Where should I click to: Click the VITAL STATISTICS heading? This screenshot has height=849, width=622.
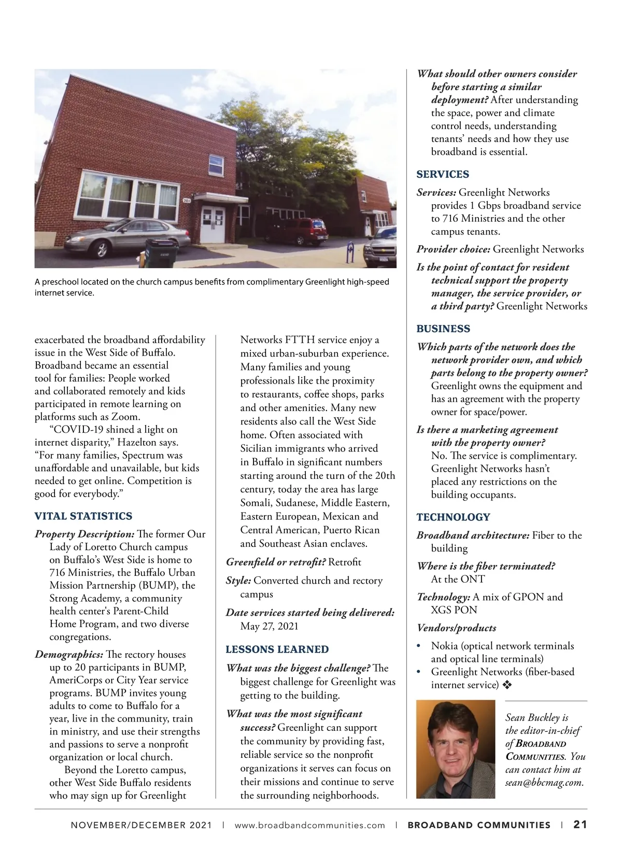pos(83,516)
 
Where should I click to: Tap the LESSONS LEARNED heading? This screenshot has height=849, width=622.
pos(277,649)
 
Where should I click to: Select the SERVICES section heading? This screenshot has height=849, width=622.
pos(443,175)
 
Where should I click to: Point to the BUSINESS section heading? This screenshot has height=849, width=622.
pos(443,329)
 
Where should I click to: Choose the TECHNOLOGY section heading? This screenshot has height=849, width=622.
pos(453,517)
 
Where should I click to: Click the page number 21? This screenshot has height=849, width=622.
pos(580,825)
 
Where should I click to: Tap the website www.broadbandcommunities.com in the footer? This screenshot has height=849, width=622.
pos(310,825)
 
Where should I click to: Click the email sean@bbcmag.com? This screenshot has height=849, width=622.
pos(544,783)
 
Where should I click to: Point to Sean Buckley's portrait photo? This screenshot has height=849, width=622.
pos(456,749)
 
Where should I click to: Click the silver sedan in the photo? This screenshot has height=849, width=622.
pos(137,236)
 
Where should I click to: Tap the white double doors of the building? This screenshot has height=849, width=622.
pos(213,224)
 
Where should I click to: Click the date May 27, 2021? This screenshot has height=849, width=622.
pos(270,626)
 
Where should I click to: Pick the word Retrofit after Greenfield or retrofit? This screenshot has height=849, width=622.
pos(345,562)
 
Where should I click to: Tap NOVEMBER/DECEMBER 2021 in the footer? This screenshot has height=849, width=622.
pos(141,825)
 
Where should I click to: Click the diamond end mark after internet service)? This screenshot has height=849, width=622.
pos(507,685)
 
